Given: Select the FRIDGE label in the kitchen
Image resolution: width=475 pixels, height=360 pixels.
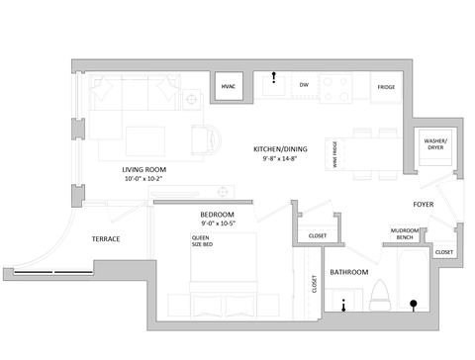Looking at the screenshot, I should (x=386, y=87).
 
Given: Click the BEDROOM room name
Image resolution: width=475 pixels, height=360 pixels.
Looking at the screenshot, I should (x=216, y=215).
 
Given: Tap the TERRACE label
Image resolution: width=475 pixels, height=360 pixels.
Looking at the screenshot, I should (x=106, y=239).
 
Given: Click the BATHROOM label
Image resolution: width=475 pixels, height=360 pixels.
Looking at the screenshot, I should (x=348, y=272).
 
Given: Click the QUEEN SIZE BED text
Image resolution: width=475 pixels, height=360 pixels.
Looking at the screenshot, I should (x=202, y=240).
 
